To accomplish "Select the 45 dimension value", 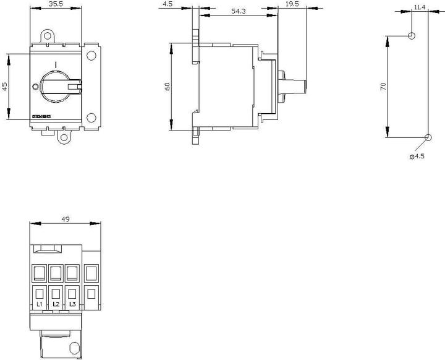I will pyautogui.click(x=5, y=86).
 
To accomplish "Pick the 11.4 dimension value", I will pyautogui.click(x=420, y=7).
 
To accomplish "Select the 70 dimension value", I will pyautogui.click(x=383, y=87).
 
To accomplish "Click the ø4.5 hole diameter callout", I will pyautogui.click(x=417, y=156).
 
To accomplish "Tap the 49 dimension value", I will pyautogui.click(x=65, y=218).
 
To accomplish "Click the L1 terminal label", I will pyautogui.click(x=40, y=304).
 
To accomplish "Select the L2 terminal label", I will pyautogui.click(x=56, y=304).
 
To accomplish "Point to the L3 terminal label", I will pyautogui.click(x=72, y=304).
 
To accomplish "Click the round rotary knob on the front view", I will pyautogui.click(x=56, y=86).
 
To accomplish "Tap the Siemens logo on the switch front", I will pyautogui.click(x=40, y=117).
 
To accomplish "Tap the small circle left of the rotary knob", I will pyautogui.click(x=35, y=86).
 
